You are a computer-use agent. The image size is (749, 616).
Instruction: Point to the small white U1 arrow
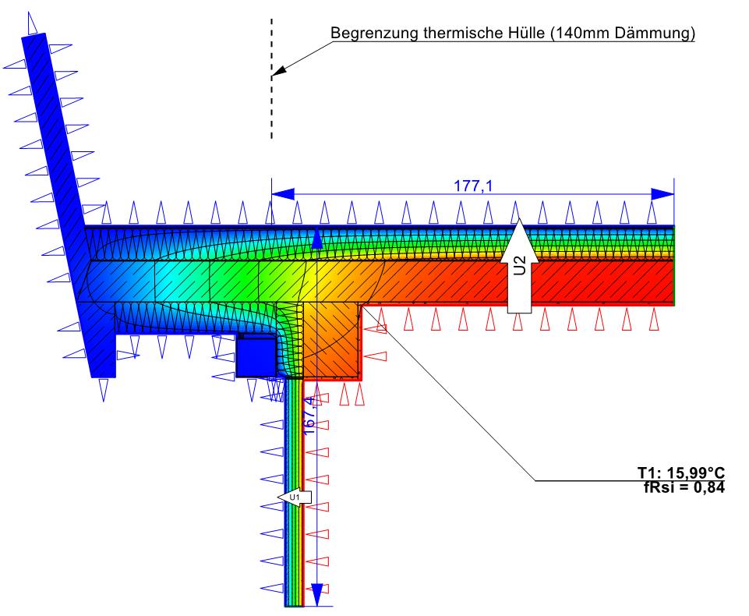(295, 497)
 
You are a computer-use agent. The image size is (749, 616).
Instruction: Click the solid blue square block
(255, 356)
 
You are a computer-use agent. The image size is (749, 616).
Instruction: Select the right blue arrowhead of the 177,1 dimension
(662, 193)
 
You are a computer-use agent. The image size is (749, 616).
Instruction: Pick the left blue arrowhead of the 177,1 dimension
(282, 193)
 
